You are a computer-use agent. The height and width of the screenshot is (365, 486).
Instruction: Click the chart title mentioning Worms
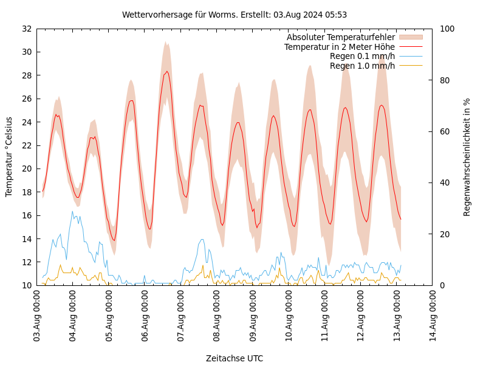click(234, 15)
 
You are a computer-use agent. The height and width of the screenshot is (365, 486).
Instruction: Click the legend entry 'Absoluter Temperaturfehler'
click(341, 37)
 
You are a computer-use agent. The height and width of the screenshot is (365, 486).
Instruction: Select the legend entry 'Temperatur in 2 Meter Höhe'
click(340, 47)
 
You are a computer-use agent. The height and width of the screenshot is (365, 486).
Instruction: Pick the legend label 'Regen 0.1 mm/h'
click(362, 56)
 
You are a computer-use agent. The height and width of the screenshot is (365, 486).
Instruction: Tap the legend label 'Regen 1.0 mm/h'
click(362, 66)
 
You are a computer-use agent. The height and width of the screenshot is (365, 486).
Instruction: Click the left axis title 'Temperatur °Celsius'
click(9, 156)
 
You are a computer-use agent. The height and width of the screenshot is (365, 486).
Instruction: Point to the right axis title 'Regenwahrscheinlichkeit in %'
click(467, 157)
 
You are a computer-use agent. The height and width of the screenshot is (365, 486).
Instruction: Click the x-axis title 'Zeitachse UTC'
click(234, 358)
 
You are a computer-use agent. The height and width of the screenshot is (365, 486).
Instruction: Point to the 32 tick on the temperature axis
click(27, 29)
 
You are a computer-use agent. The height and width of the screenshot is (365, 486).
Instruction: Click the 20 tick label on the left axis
click(27, 169)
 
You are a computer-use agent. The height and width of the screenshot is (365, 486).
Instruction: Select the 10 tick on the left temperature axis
click(27, 285)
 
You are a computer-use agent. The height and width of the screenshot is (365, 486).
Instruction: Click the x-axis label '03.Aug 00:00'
click(36, 317)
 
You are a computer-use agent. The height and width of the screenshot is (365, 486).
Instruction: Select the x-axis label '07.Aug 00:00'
click(180, 317)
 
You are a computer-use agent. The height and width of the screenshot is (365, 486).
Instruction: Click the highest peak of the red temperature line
click(167, 71)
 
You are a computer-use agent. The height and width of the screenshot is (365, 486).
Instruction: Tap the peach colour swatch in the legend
click(411, 37)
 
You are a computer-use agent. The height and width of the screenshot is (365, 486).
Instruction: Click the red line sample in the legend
click(411, 47)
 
